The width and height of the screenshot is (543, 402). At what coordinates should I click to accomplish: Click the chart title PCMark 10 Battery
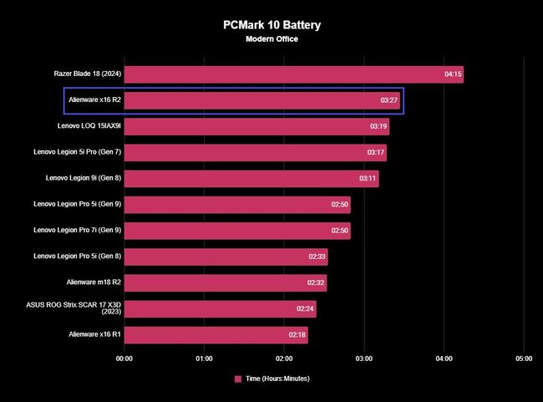271,25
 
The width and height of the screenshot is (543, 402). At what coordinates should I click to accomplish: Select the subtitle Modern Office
271,39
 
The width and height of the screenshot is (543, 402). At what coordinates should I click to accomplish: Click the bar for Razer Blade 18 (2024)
293,74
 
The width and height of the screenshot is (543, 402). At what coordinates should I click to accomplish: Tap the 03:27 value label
388,101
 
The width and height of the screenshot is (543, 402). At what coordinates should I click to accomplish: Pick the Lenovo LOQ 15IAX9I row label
89,126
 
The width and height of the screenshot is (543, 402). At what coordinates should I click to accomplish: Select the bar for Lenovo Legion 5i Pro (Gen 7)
255,153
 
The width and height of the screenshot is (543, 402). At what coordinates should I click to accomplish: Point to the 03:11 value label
368,179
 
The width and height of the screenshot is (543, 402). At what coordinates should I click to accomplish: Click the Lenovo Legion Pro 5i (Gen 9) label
78,205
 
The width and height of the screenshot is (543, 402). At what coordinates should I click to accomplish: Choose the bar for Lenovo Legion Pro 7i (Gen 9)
237,231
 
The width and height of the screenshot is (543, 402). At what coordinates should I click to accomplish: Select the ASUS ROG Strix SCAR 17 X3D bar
221,309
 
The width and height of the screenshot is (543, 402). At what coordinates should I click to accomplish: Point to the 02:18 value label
297,335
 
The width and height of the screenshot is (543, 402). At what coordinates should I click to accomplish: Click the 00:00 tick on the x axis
124,359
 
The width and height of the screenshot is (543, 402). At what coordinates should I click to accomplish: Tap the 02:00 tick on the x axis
284,359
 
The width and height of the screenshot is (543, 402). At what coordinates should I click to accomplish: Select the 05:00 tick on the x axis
524,359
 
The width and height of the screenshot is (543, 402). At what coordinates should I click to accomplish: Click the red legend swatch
238,379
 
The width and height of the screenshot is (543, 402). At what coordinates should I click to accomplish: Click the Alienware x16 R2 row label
94,100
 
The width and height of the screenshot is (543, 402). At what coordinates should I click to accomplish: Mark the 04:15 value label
453,74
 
